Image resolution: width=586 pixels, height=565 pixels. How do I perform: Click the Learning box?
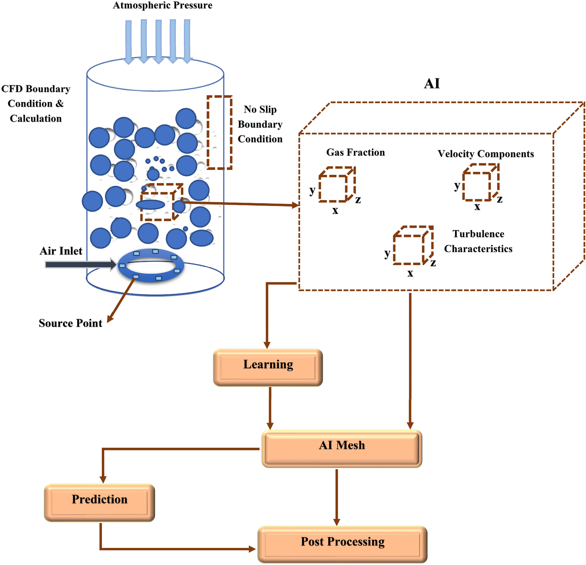268,368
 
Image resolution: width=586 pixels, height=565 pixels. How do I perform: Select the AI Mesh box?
342,449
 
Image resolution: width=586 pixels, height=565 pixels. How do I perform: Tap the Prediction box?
99,503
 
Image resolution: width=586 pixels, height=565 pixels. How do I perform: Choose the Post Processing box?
342,545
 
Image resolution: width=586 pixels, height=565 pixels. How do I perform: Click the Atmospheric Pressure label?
163,6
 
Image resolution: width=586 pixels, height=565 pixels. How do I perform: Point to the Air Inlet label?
61,251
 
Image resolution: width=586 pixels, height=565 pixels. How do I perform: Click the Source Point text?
70,323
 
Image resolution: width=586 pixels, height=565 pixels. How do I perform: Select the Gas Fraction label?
355,153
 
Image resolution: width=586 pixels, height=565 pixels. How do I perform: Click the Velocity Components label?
486,154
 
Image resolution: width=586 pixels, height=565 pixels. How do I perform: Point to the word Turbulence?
478,234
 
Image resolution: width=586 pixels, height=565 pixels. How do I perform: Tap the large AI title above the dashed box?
432,84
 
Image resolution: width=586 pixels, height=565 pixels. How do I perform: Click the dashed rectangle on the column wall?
219,133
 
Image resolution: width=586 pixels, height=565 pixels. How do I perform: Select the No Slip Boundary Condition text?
260,124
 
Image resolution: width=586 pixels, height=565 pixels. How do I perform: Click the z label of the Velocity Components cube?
499,199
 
